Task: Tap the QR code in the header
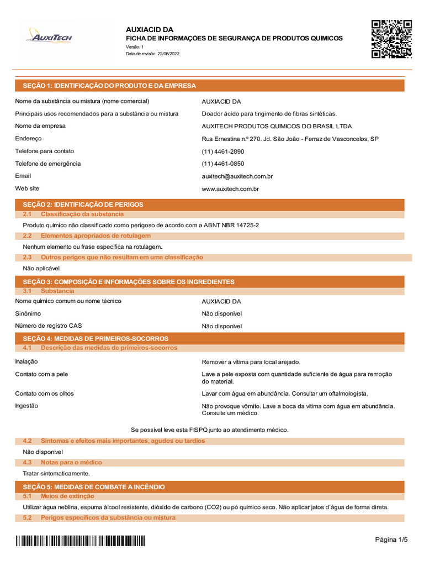click(x=391, y=39)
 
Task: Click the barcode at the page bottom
click(x=80, y=541)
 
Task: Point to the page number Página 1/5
click(x=391, y=539)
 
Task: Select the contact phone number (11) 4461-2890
click(x=223, y=151)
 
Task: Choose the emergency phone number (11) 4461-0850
click(x=223, y=164)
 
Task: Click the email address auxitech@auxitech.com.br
click(x=237, y=176)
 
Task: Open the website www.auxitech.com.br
click(x=231, y=188)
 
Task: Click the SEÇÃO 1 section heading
click(x=109, y=86)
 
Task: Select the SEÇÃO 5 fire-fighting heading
click(x=93, y=487)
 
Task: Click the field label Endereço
click(x=28, y=139)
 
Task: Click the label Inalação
click(x=26, y=361)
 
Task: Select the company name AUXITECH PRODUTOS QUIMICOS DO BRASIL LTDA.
click(x=278, y=127)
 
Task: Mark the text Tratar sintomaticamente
click(x=56, y=474)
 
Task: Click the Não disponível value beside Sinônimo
click(x=222, y=314)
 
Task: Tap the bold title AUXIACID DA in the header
click(x=150, y=29)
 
